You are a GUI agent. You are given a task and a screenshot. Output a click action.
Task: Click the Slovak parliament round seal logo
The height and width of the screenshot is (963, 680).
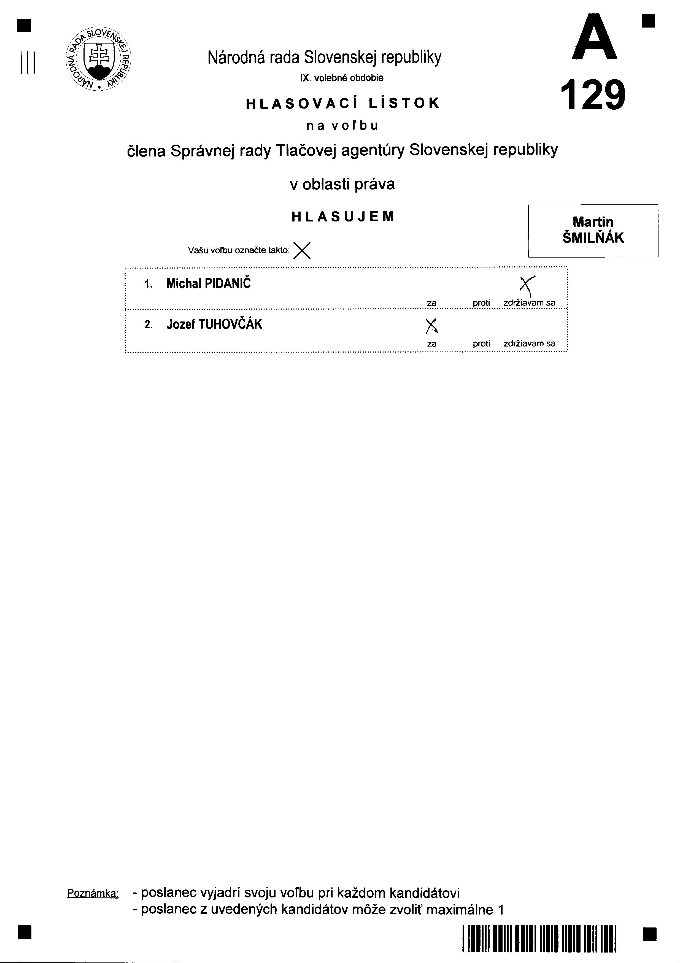point(99,58)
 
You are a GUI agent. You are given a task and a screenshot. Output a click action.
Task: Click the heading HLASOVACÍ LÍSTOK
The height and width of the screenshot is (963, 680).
point(342,103)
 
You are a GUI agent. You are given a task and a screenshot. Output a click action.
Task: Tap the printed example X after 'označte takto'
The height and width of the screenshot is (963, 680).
point(302,251)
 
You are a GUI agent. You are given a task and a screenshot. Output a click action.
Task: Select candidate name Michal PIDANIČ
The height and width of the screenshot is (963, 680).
point(209,283)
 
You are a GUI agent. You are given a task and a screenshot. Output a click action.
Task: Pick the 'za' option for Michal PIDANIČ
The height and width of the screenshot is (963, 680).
point(432,303)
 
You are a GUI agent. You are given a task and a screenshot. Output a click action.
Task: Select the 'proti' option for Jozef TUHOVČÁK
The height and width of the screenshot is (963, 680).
point(481,343)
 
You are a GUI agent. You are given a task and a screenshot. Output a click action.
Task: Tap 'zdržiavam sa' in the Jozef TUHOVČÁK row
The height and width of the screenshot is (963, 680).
point(529,343)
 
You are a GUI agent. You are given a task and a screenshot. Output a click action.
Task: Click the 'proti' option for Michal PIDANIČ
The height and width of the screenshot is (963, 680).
point(481,303)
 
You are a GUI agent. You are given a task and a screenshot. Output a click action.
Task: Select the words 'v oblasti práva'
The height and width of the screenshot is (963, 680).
point(342,184)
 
